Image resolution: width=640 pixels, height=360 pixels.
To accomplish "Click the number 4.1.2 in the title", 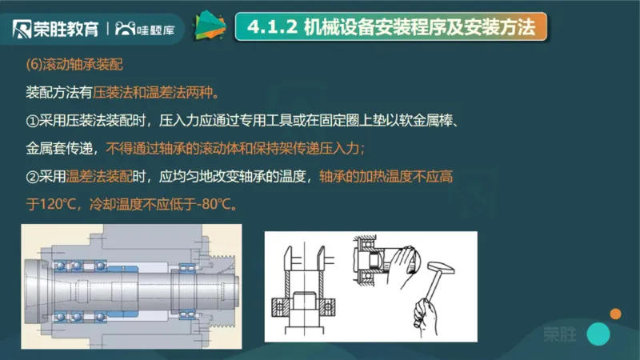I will pyautogui.click(x=273, y=27).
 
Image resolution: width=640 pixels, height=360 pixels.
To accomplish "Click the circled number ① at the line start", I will pyautogui.click(x=34, y=119).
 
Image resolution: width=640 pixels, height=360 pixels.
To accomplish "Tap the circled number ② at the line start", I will pyautogui.click(x=34, y=177).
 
